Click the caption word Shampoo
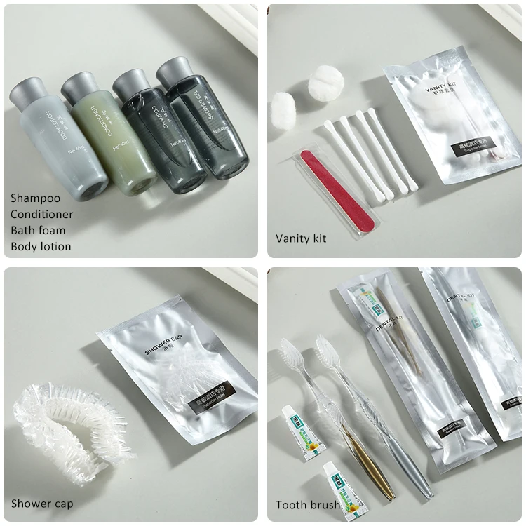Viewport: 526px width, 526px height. pyautogui.click(x=35, y=198)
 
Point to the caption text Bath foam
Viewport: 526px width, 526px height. pyautogui.click(x=38, y=230)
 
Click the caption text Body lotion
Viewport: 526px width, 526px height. pyautogui.click(x=41, y=246)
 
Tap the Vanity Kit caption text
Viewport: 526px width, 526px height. pyautogui.click(x=301, y=238)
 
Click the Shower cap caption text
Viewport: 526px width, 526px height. pyautogui.click(x=42, y=504)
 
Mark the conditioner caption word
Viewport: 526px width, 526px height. pyautogui.click(x=41, y=214)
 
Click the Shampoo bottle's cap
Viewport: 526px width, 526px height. pyautogui.click(x=130, y=83)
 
